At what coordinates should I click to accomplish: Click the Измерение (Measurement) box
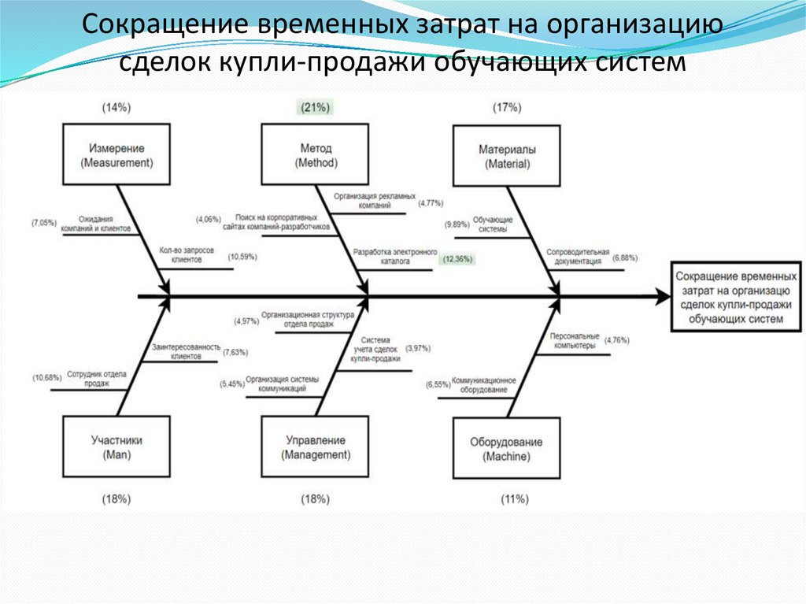(116, 155)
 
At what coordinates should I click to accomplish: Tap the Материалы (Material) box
(507, 155)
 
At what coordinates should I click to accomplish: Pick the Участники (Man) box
(116, 447)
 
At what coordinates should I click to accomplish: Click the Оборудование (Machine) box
(507, 449)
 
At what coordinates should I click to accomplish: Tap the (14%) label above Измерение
(116, 107)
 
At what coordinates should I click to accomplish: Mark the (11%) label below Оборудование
(515, 498)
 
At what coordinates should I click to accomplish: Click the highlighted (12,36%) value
(457, 258)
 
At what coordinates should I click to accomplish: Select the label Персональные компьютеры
(575, 340)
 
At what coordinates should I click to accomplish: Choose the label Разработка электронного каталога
(394, 258)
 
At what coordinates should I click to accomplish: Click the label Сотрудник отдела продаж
(96, 379)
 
